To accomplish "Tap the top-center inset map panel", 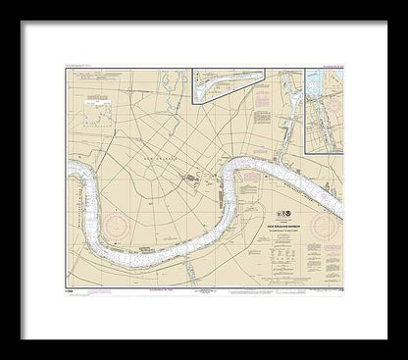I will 236,81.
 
